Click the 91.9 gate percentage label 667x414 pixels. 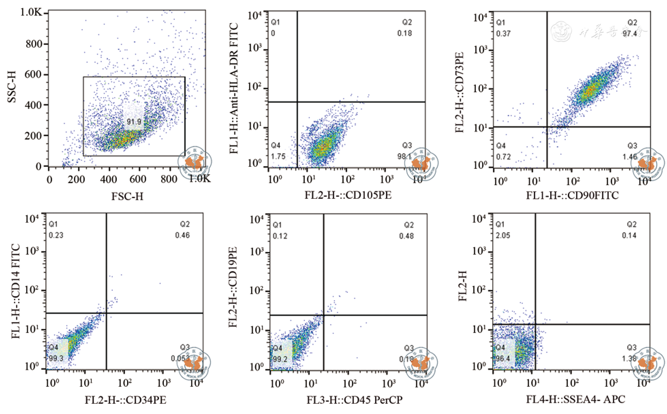point(134,122)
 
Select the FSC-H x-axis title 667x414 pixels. point(127,196)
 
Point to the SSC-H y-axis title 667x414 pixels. point(12,87)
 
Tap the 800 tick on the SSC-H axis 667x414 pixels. point(34,44)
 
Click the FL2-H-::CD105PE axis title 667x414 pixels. point(348,195)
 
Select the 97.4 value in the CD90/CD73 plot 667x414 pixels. point(630,33)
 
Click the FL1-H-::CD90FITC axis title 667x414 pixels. point(572,195)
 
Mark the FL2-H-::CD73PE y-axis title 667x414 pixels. point(460,92)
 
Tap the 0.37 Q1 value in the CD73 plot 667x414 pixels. point(503,33)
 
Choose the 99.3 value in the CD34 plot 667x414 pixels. point(56,359)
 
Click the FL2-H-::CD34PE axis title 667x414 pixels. point(125,400)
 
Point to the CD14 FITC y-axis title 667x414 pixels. point(16,291)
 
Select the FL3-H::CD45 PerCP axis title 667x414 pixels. point(355,400)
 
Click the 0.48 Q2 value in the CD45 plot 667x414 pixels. point(406,236)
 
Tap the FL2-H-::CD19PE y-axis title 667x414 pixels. point(233,287)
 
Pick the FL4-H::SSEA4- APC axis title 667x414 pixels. point(576,399)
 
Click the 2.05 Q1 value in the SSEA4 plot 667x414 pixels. point(503,236)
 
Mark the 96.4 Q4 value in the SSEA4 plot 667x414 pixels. point(503,359)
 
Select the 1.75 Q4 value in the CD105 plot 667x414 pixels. point(278,157)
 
